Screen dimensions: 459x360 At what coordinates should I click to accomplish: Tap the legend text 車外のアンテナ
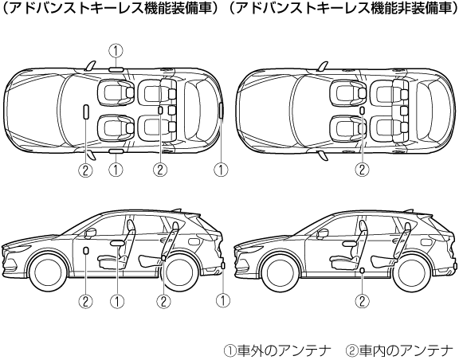(x=284, y=350)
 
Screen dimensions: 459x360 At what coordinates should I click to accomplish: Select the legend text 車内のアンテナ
(x=406, y=350)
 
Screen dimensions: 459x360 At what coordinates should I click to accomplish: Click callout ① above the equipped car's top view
(x=116, y=51)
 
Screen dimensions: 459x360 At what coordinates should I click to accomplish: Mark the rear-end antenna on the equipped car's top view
(x=222, y=111)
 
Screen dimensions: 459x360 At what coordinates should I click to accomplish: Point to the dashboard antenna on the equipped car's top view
(x=86, y=112)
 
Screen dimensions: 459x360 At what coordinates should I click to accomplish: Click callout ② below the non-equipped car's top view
(x=362, y=169)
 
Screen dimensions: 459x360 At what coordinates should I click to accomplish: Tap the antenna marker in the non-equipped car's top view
(x=362, y=111)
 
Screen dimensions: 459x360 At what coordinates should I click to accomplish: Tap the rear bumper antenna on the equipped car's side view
(x=223, y=266)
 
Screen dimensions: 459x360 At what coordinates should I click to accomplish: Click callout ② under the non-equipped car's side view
(x=362, y=300)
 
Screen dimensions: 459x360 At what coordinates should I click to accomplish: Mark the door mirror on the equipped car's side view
(x=91, y=233)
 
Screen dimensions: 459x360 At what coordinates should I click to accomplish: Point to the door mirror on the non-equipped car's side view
(x=323, y=233)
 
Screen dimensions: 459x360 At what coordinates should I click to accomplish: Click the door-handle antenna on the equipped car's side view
(x=117, y=243)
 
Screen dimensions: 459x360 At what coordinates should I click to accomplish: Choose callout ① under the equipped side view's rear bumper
(x=223, y=300)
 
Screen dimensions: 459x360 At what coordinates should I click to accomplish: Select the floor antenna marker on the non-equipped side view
(x=362, y=270)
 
